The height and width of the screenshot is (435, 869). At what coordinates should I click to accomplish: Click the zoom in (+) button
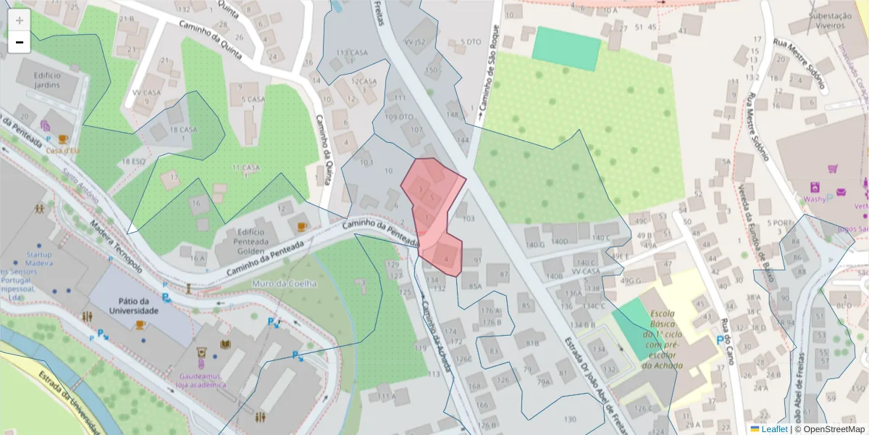[19, 20]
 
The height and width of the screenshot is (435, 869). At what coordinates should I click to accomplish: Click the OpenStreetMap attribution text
[833, 429]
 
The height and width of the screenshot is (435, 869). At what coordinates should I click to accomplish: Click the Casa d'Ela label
[62, 150]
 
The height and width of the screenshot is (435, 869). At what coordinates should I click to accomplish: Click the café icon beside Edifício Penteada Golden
[302, 226]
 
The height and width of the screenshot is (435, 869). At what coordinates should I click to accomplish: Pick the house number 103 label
[468, 218]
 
